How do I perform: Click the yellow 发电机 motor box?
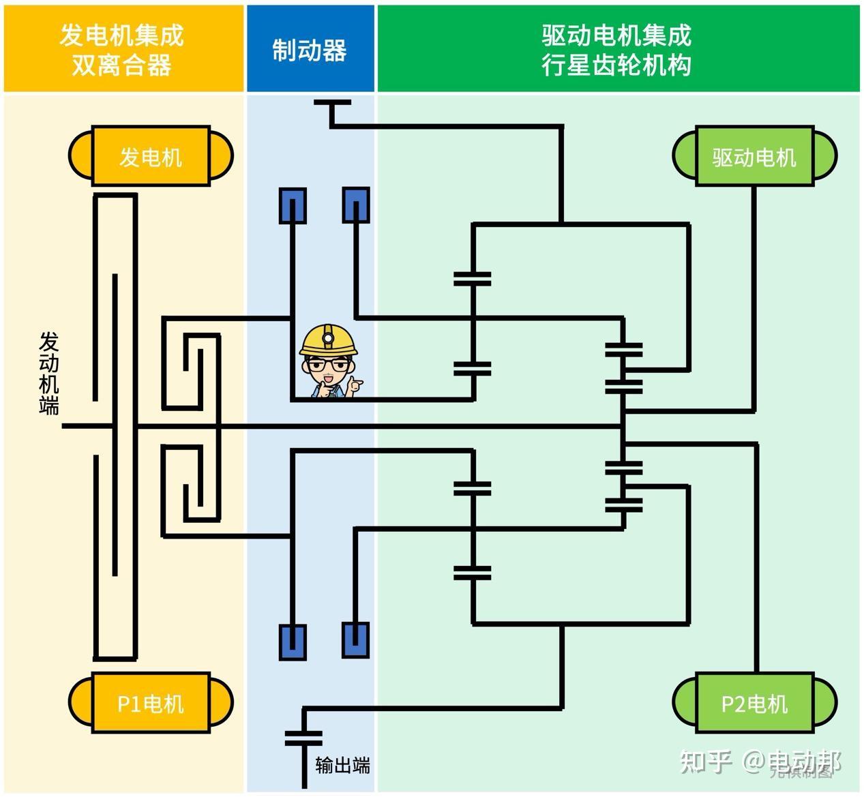coord(151,156)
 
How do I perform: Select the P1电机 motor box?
coord(151,703)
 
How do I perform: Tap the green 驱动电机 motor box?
coord(754,156)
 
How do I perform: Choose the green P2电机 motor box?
coord(754,703)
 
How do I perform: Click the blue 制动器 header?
coord(310,49)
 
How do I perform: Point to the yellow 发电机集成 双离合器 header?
coord(123,49)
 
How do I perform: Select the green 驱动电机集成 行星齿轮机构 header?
coord(617,49)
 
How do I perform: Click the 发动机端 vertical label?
coord(49,374)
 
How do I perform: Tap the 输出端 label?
coord(343,765)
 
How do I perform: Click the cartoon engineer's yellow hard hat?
coord(329,339)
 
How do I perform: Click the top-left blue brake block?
coord(293,205)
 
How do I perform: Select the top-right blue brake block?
coord(356,205)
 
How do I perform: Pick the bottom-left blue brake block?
coord(293,641)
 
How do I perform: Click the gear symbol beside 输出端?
coord(304,738)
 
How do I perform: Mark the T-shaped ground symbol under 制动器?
coord(332,104)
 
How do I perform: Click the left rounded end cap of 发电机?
coord(80,156)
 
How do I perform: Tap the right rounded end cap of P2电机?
coord(824,703)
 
